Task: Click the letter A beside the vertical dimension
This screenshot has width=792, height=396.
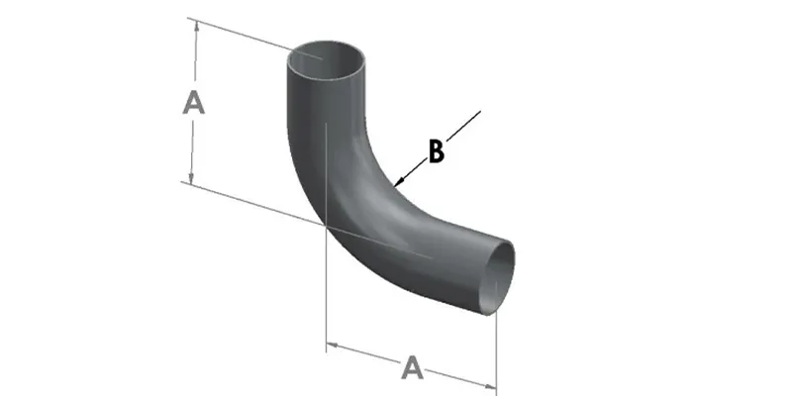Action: coord(193,103)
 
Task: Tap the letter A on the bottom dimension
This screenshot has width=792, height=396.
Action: coord(413,367)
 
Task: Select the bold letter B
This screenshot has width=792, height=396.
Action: coord(437,151)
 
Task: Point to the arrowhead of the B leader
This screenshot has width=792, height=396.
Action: coord(398,183)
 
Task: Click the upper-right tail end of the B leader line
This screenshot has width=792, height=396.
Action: coord(480,111)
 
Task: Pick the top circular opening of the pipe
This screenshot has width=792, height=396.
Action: coord(327,60)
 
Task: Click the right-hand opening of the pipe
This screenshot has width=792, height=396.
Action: coord(497,277)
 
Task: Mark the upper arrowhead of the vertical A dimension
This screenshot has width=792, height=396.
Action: coord(196,28)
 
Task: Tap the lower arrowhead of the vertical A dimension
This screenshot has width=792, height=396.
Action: coord(191,177)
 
